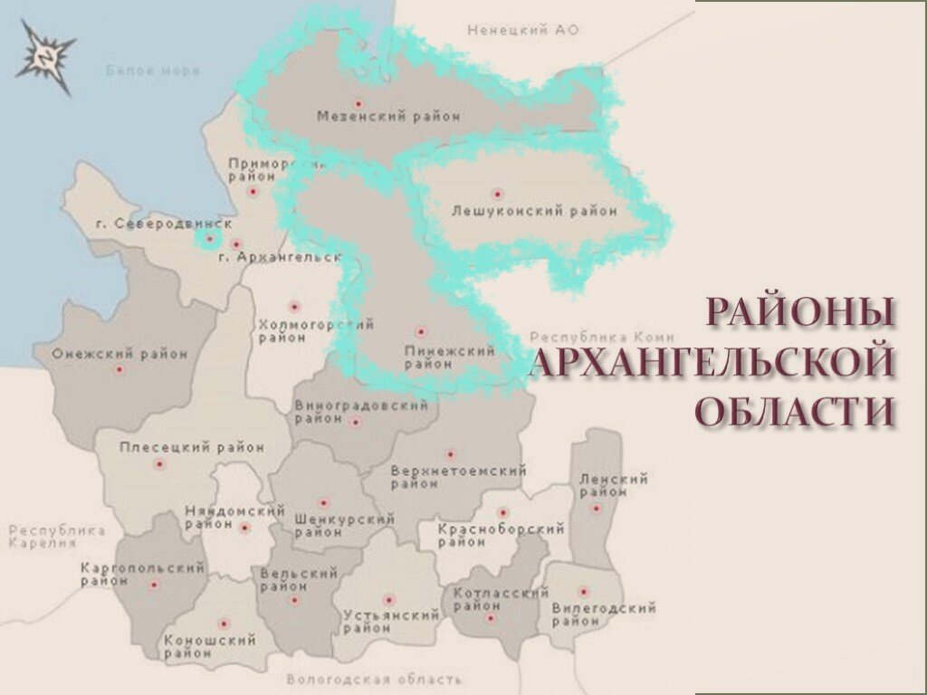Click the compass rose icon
coord(45,55)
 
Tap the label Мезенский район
coord(388,117)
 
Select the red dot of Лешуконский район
coord(496,193)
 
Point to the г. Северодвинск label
coord(164,223)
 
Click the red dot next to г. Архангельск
coord(236,244)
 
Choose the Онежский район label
coord(119,354)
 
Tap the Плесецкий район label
coord(192,447)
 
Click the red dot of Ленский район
coord(595,508)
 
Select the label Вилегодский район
coord(604,614)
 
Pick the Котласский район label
coord(500,599)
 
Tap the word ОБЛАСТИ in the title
coord(797,411)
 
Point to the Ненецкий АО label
coord(522,31)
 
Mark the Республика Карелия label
coord(56,537)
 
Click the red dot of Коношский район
coord(224,624)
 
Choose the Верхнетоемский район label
coord(458,477)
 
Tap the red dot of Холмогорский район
coord(292,306)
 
